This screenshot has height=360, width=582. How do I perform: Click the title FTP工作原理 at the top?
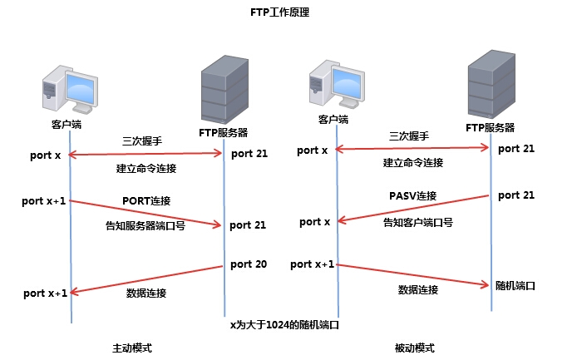click(280, 13)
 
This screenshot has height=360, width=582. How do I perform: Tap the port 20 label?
click(249, 264)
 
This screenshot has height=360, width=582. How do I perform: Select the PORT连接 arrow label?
click(146, 201)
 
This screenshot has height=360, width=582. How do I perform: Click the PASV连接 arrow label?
click(412, 195)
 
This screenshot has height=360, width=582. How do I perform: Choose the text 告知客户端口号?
click(417, 223)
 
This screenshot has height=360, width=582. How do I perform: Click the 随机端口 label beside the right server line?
click(515, 285)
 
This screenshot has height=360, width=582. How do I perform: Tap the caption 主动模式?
click(132, 348)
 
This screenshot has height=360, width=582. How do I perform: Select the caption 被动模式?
click(414, 348)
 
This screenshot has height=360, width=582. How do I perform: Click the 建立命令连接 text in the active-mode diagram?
click(146, 169)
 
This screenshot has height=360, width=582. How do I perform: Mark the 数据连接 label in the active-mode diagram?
click(146, 293)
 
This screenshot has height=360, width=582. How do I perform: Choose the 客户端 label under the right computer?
click(333, 120)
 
